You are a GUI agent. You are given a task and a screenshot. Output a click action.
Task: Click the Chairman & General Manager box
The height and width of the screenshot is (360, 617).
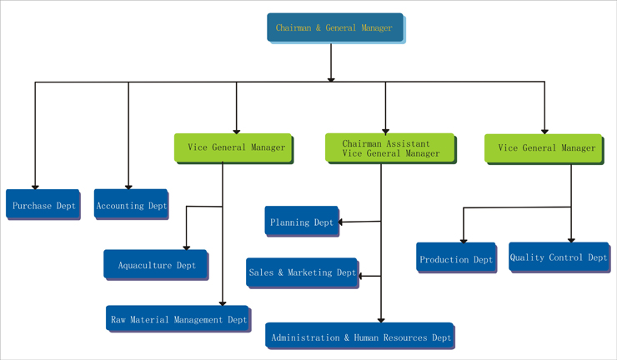tap(334, 27)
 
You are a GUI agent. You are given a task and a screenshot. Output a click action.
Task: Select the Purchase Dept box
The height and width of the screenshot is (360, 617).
tap(43, 205)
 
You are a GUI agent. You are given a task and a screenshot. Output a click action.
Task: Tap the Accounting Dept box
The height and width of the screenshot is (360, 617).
tap(131, 205)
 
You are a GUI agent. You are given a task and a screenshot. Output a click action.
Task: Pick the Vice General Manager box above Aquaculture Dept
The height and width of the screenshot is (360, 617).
tap(233, 147)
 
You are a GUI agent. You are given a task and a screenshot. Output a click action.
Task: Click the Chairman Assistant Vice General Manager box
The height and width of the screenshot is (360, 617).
tap(389, 147)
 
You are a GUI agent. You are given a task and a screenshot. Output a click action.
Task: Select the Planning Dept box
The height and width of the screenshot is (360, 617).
tap(302, 222)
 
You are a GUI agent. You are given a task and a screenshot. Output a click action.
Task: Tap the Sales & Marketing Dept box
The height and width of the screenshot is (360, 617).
tap(302, 272)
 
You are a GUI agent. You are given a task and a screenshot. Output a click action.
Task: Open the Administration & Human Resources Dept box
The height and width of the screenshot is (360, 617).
tap(359, 337)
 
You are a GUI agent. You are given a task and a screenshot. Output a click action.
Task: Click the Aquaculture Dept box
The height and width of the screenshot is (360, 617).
tap(155, 264)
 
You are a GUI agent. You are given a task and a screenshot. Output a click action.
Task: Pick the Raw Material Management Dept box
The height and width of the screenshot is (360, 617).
tap(178, 318)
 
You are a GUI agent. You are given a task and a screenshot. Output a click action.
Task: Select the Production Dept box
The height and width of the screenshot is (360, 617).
tap(455, 258)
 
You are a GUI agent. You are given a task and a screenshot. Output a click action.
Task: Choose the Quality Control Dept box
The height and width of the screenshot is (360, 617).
tap(558, 257)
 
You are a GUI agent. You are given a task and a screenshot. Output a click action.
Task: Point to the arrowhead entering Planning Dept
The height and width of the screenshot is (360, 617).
tap(342, 222)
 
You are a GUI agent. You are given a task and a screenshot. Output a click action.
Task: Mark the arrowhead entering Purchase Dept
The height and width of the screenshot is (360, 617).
tap(35, 186)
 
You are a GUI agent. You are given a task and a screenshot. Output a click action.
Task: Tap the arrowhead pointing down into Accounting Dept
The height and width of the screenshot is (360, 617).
tap(128, 186)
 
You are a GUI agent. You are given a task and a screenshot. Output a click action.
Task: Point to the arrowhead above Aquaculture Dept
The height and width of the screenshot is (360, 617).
tap(186, 247)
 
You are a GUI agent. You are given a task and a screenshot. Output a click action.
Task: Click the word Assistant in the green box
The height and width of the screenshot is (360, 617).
tap(409, 142)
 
